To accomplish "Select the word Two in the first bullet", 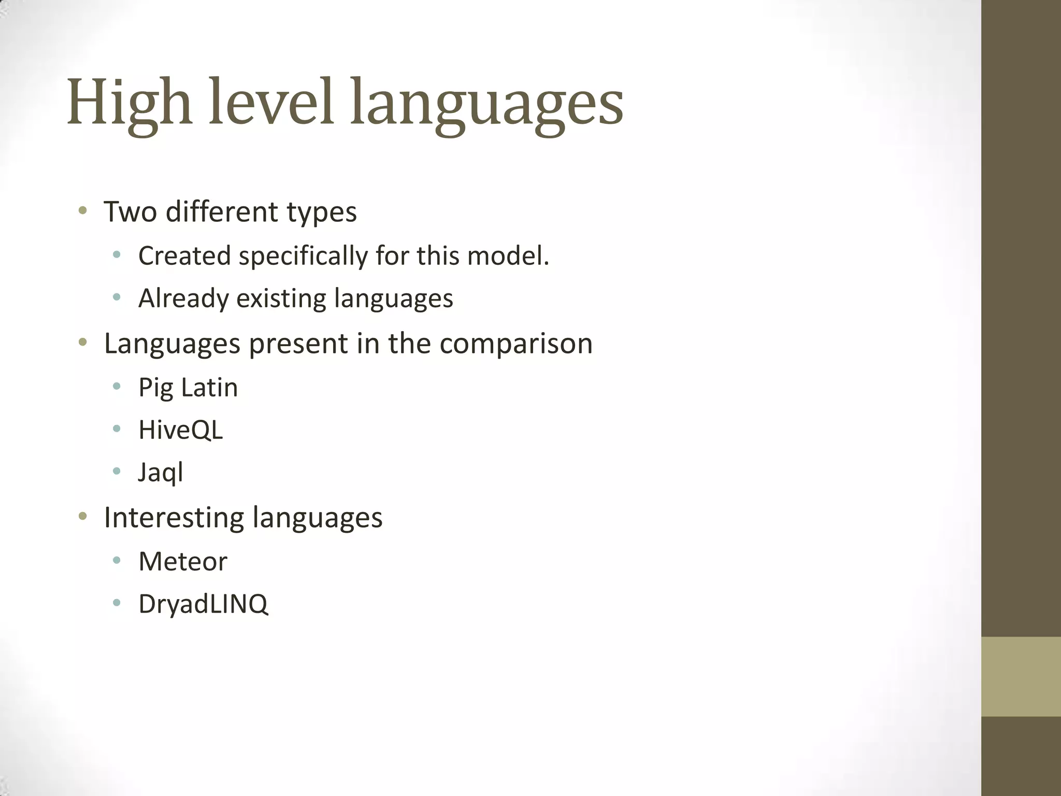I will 130,212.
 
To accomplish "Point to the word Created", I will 184,256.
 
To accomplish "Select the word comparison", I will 516,344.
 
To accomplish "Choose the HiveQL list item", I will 181,430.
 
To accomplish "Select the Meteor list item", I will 183,562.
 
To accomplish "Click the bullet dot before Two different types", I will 82,211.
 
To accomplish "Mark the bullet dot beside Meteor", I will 117,560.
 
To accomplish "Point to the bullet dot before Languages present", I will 82,343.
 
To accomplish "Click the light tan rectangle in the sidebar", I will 1021,676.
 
